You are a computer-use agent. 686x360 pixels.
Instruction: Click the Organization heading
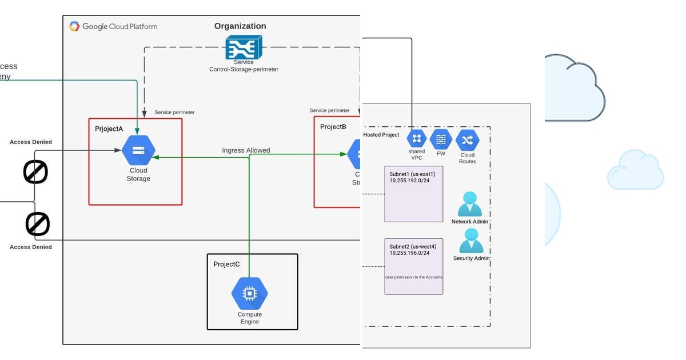(x=240, y=26)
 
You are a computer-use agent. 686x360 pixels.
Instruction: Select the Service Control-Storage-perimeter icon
(x=244, y=47)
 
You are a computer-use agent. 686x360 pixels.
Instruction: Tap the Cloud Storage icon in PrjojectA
(x=138, y=151)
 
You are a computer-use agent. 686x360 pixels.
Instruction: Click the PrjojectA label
(x=109, y=129)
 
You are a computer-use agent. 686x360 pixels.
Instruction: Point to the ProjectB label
(x=333, y=127)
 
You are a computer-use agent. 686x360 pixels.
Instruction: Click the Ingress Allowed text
(x=246, y=150)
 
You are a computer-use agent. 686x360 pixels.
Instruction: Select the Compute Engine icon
(x=249, y=294)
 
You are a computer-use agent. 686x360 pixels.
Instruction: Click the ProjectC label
(x=226, y=264)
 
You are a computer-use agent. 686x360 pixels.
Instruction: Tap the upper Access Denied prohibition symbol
(x=35, y=172)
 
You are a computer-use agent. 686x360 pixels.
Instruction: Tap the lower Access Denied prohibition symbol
(x=38, y=225)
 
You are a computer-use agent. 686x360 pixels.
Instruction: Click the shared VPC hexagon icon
(x=417, y=138)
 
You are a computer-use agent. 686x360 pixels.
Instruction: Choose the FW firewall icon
(x=441, y=139)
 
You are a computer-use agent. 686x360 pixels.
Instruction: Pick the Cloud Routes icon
(x=467, y=140)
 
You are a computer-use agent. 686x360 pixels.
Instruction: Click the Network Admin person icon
(x=470, y=204)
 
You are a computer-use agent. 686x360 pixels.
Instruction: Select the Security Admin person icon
(x=471, y=241)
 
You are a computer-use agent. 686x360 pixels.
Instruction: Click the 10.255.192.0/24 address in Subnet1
(x=409, y=180)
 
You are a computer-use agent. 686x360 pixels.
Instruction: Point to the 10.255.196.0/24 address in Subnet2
(x=409, y=253)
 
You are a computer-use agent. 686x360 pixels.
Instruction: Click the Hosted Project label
(x=381, y=135)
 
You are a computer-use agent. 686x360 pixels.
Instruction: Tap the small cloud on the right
(x=635, y=170)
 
